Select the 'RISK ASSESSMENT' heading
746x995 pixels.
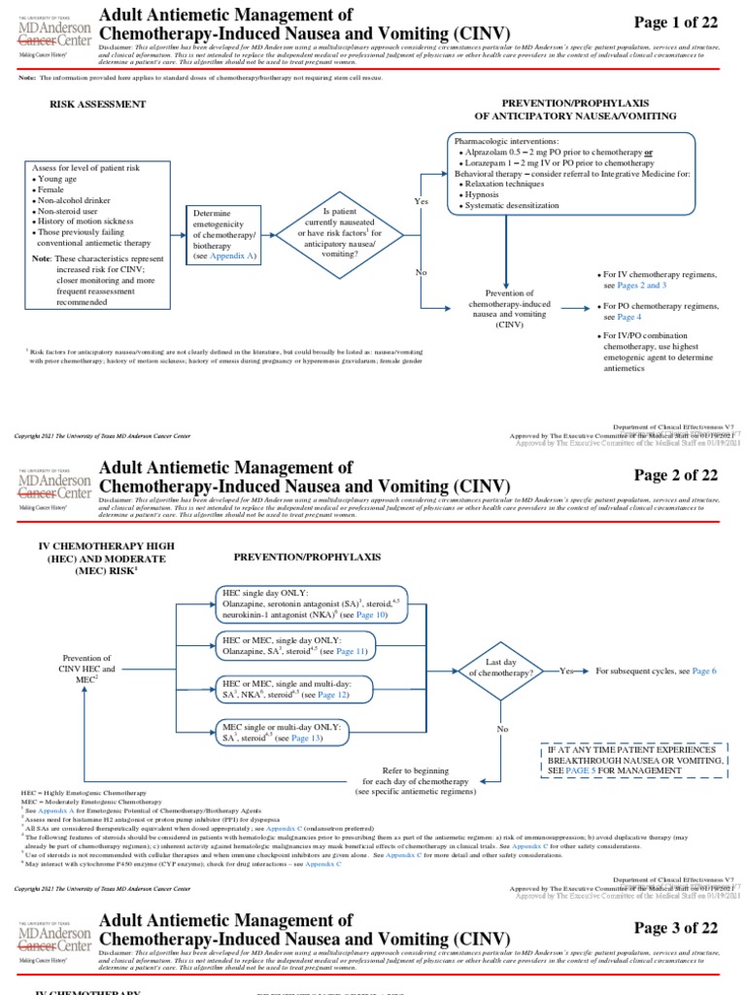point(98,103)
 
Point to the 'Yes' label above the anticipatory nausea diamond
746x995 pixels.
point(421,201)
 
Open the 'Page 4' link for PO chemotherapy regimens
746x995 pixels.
point(628,317)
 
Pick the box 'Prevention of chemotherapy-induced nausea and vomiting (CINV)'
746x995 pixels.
point(509,310)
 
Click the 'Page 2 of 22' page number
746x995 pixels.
point(675,474)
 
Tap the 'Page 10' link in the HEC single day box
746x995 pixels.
point(371,615)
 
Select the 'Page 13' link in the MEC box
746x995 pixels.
point(300,738)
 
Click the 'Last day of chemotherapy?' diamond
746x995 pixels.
point(500,671)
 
